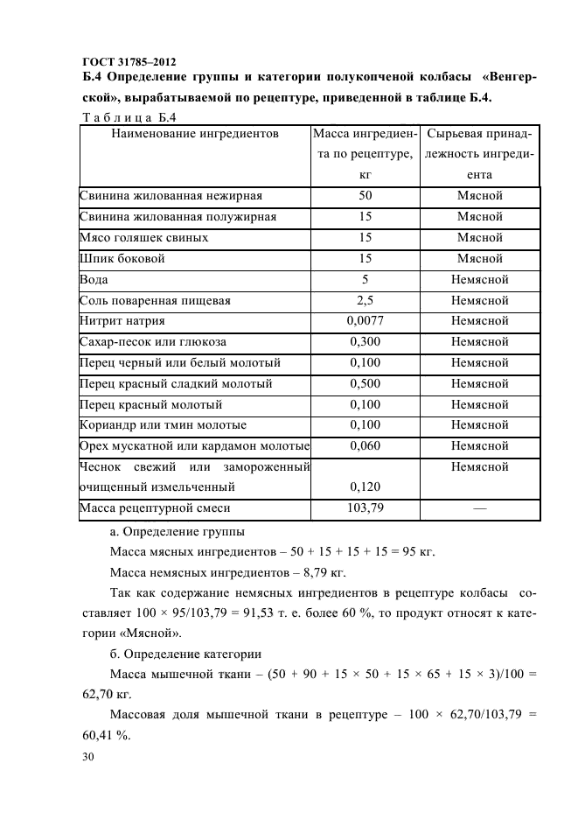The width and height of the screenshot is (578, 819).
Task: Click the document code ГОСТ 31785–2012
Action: (x=128, y=61)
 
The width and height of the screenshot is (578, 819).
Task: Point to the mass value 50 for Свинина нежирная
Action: (x=365, y=196)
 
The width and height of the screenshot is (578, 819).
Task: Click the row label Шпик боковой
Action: (x=122, y=259)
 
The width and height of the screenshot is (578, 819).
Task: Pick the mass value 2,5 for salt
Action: (x=365, y=301)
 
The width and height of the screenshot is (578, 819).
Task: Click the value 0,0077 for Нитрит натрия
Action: (x=365, y=321)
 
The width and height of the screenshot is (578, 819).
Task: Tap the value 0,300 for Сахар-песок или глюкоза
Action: (x=365, y=342)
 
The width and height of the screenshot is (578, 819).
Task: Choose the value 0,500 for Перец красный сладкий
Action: (x=365, y=384)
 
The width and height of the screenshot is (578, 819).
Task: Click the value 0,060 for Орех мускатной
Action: (x=365, y=446)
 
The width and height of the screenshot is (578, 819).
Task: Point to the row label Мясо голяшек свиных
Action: (x=143, y=238)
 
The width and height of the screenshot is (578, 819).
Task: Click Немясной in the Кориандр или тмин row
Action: (x=479, y=425)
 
